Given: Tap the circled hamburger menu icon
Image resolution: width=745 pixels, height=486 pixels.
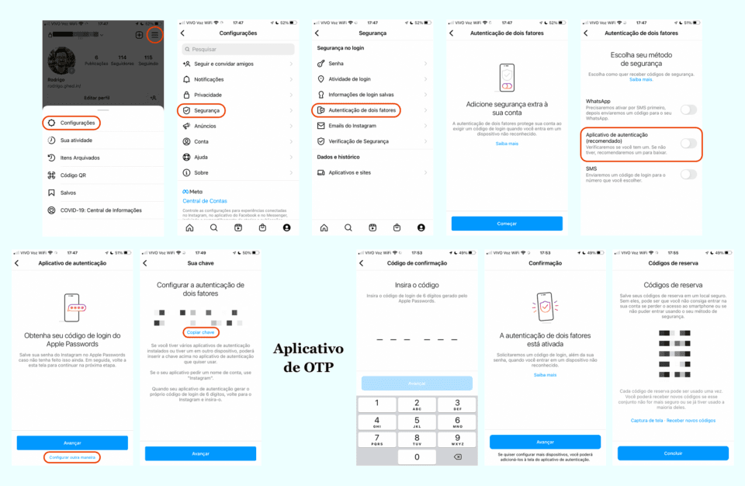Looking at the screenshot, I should coord(155,35).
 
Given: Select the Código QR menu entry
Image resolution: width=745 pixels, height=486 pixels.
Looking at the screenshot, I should coord(73,175).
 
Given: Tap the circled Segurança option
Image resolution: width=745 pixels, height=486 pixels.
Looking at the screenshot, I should coord(201,110).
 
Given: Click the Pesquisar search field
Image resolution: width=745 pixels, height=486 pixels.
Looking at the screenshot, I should coord(237,49).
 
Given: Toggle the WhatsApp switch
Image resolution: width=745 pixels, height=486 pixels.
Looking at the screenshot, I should coord(688,109).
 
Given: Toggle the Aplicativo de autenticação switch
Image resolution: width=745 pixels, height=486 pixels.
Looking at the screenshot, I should coord(688,143).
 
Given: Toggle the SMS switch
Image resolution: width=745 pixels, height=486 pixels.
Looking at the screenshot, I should coord(688,174).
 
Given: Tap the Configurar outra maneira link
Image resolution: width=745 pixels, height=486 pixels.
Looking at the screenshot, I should coord(72,457).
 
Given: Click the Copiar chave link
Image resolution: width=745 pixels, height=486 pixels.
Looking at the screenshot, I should coord(200,332).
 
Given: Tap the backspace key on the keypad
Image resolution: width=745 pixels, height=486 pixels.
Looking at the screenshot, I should coord(457,456).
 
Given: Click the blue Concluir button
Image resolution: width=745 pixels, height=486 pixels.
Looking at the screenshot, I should coord(673,453).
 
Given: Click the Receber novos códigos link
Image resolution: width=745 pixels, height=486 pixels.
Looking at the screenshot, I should coord(691,420).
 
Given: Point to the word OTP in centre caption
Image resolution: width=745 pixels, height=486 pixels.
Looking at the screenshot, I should coord(320,366).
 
